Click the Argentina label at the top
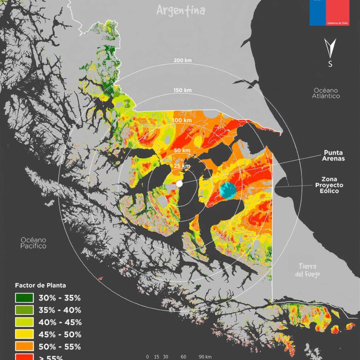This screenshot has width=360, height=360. point(181,10)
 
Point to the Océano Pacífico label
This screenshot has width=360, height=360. point(33,242)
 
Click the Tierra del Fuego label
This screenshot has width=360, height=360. point(308,270)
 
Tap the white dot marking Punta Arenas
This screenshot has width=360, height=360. point(179,184)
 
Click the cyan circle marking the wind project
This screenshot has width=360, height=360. point(228,190)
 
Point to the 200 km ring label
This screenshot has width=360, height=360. point(182,60)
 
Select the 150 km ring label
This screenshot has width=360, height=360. point(182,90)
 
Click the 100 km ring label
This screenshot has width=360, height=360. point(182,120)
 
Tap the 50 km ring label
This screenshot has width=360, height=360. point(182,150)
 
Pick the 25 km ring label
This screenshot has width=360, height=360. point(182,166)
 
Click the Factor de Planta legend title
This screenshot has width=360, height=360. point(40,285)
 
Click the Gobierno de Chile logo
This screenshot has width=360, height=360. point(330,13)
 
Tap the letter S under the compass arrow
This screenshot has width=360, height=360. point(330,64)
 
